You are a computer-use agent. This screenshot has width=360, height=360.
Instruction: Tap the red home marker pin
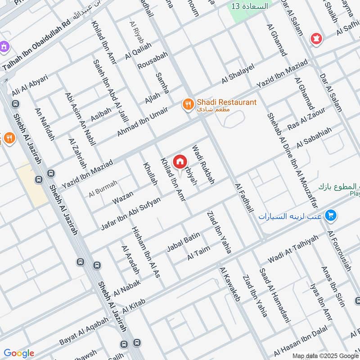coord(180,161)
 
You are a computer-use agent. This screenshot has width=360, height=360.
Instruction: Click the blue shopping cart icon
coord(331,216)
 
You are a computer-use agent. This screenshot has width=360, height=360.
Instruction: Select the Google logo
coord(19,353)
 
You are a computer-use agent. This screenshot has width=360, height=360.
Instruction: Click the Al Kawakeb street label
coord(230,284)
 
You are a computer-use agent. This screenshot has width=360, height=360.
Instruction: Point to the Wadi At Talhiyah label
coord(293,249)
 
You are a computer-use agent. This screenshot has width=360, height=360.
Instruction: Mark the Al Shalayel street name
coord(238,73)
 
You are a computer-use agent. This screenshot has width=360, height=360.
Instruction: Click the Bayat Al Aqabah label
coord(84,332)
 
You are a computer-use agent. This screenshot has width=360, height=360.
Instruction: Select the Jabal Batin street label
coord(183,243)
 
